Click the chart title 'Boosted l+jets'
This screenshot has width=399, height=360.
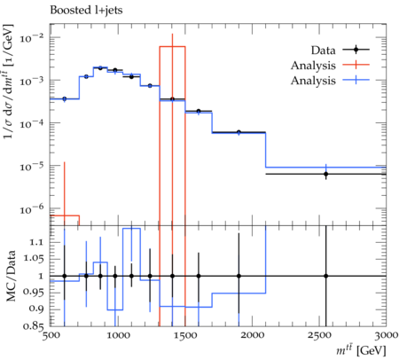[86, 10]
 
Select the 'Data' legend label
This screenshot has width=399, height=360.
[323, 51]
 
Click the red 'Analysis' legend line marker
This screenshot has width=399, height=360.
[356, 65]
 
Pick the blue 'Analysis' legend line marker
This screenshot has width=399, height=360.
[356, 80]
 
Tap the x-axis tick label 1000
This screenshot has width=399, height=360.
[118, 335]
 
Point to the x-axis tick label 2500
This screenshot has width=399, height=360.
[319, 335]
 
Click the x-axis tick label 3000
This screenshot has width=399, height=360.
[386, 335]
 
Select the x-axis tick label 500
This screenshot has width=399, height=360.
[51, 335]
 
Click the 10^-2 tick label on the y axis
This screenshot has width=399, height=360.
[32, 38]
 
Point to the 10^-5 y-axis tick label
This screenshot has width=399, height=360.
[32, 166]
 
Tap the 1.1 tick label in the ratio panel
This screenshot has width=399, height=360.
[36, 243]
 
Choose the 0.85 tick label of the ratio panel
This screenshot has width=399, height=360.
[34, 326]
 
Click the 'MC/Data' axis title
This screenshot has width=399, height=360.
[11, 276]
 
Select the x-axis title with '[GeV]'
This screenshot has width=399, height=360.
[361, 350]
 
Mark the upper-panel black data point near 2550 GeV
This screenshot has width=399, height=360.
[325, 174]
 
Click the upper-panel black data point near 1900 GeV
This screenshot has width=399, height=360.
[239, 132]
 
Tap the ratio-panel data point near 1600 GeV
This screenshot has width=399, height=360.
[199, 276]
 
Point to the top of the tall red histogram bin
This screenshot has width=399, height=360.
[172, 47]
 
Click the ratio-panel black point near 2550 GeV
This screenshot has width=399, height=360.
[325, 276]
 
